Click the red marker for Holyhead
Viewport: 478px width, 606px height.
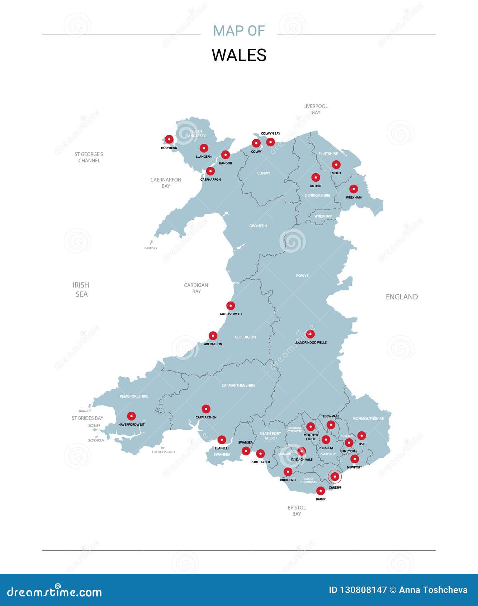click(x=169, y=139)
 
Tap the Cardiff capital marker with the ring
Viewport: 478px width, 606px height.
click(x=335, y=477)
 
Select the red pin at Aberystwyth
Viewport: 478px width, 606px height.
click(x=231, y=306)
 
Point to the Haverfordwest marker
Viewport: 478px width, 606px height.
click(x=131, y=416)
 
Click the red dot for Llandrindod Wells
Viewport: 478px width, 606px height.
click(x=310, y=334)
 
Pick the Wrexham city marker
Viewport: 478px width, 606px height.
click(x=354, y=189)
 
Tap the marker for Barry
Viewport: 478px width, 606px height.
click(x=321, y=491)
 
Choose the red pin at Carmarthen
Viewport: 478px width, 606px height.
click(x=206, y=409)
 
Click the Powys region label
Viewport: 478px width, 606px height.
click(x=302, y=276)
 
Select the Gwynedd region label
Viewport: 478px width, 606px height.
click(x=258, y=226)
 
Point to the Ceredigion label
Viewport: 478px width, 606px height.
click(x=245, y=337)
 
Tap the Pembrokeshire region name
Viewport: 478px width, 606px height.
click(x=134, y=396)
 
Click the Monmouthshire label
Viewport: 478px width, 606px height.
click(x=368, y=418)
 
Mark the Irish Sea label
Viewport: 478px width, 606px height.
click(x=81, y=289)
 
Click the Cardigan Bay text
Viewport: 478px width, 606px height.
click(x=196, y=288)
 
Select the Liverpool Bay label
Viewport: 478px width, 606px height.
click(x=316, y=109)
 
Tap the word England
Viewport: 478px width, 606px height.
click(x=402, y=297)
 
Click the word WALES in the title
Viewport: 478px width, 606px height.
click(x=239, y=55)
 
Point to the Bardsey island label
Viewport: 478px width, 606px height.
click(x=151, y=248)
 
